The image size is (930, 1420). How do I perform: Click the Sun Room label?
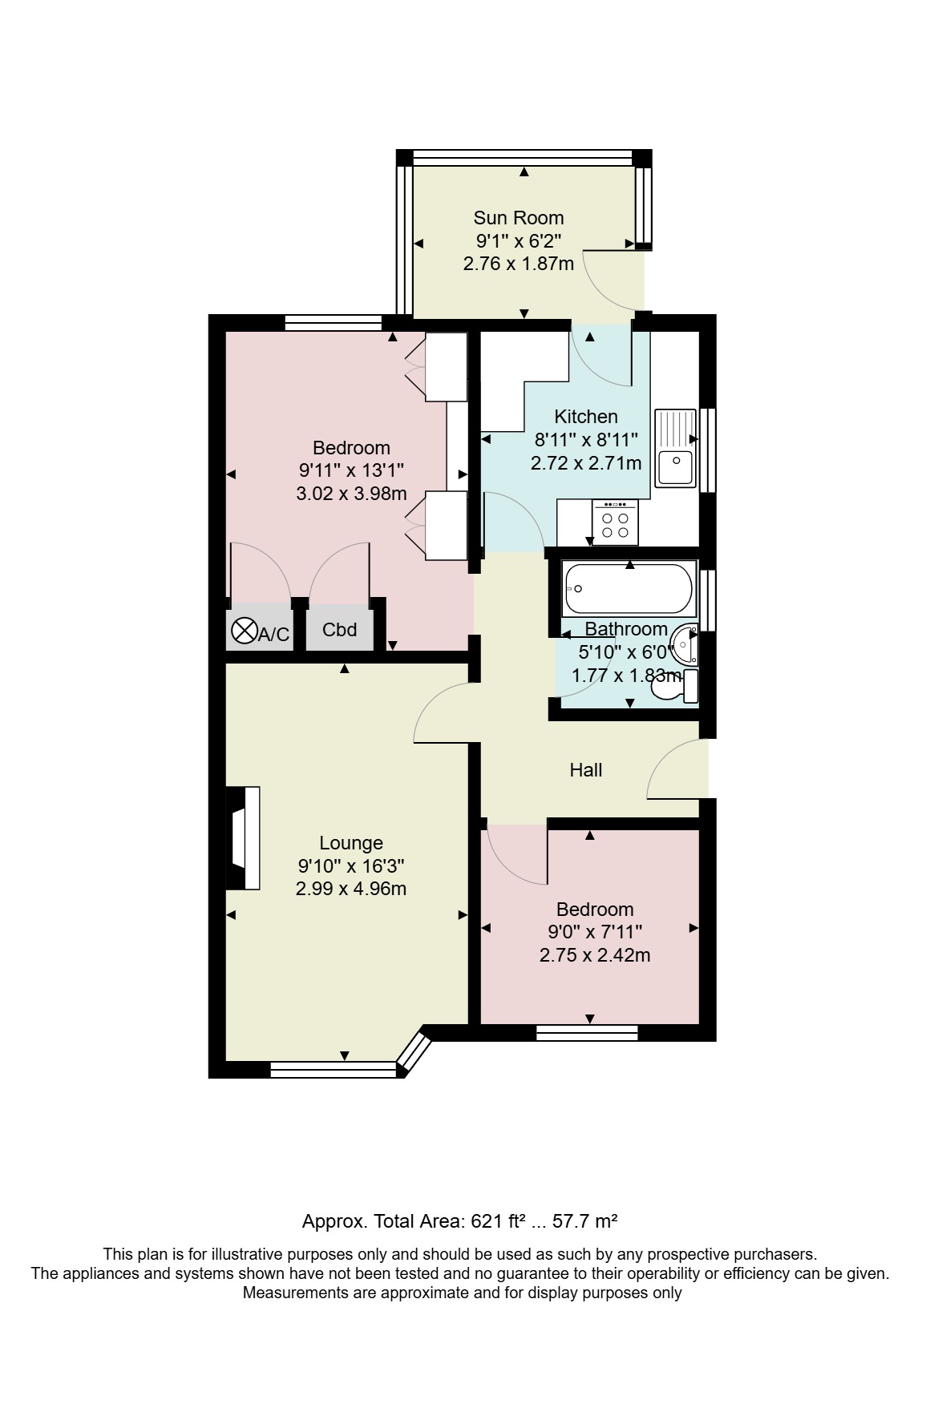pyautogui.click(x=518, y=218)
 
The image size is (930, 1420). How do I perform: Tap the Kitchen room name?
pyautogui.click(x=586, y=417)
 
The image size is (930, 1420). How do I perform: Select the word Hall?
pyautogui.click(x=585, y=770)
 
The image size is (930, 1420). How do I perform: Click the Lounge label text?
pyautogui.click(x=351, y=843)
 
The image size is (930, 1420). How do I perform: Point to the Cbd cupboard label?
pyautogui.click(x=339, y=630)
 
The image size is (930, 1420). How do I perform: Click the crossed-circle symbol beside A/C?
pyautogui.click(x=243, y=629)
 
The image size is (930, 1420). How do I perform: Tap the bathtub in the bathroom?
pyautogui.click(x=629, y=588)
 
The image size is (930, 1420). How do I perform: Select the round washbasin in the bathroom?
pyautogui.click(x=684, y=644)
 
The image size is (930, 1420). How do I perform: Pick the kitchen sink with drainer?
pyautogui.click(x=675, y=448)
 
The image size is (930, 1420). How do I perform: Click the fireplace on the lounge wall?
pyautogui.click(x=244, y=838)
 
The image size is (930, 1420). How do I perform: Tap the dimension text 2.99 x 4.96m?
pyautogui.click(x=351, y=889)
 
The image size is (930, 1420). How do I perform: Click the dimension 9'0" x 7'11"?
pyautogui.click(x=595, y=932)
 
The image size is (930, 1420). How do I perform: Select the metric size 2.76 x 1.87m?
pyautogui.click(x=519, y=264)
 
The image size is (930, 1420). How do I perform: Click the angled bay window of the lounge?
pyautogui.click(x=414, y=1051)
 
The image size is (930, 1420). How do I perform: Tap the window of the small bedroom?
pyautogui.click(x=587, y=1033)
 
